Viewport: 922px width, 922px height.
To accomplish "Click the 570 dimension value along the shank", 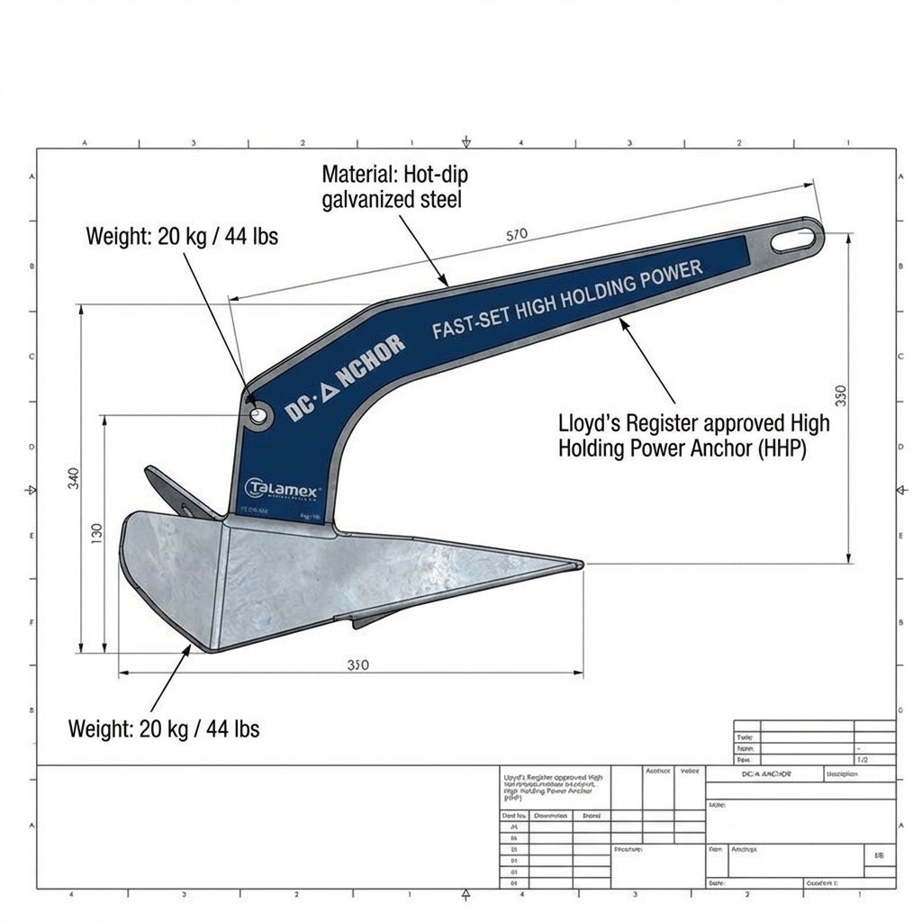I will pyautogui.click(x=516, y=235).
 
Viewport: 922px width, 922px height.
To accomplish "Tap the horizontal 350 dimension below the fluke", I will pyautogui.click(x=357, y=665).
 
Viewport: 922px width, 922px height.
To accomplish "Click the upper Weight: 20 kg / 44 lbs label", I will pyautogui.click(x=182, y=237).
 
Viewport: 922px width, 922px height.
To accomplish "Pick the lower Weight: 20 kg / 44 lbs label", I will pyautogui.click(x=164, y=728).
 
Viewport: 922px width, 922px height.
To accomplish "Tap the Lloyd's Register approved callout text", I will pyautogui.click(x=694, y=435).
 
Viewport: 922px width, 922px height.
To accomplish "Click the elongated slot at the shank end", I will pyautogui.click(x=796, y=238).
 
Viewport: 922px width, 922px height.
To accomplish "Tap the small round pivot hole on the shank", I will pyautogui.click(x=258, y=415).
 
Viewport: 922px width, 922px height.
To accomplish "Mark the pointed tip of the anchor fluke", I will pyautogui.click(x=581, y=565).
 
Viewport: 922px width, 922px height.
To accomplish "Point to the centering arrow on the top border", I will pyautogui.click(x=466, y=142).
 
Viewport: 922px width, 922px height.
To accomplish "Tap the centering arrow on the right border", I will pyautogui.click(x=901, y=490).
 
